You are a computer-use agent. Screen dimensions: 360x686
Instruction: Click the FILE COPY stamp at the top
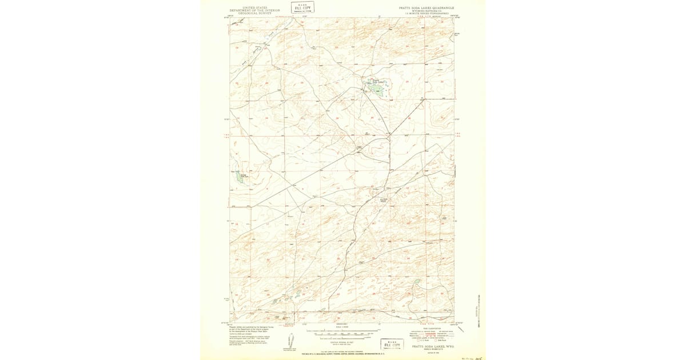pos(302,7)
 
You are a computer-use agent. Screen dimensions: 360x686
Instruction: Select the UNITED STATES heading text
pos(254,7)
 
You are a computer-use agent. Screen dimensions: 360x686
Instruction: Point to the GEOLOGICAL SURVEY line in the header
pos(254,13)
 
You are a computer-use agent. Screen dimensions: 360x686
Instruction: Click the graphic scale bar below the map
pos(343,331)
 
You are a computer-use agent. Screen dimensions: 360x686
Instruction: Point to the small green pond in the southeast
pos(417,282)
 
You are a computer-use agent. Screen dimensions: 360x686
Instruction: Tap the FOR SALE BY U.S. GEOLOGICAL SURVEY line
pos(343,354)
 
